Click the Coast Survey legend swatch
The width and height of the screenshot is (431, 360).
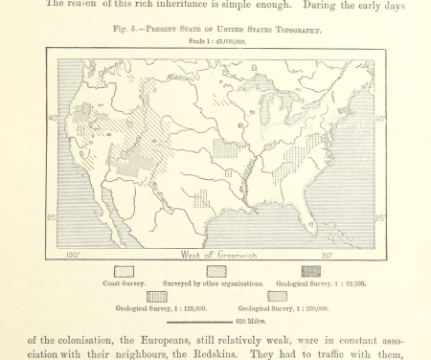(125, 272)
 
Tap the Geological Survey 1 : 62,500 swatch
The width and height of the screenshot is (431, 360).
(311, 272)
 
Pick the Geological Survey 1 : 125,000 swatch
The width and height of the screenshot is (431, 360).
(157, 297)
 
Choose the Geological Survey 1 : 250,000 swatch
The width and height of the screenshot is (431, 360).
(277, 297)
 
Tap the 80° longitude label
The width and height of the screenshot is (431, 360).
(328, 256)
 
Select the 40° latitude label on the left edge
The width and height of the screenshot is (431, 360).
(52, 119)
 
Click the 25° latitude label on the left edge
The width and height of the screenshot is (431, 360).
(52, 217)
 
